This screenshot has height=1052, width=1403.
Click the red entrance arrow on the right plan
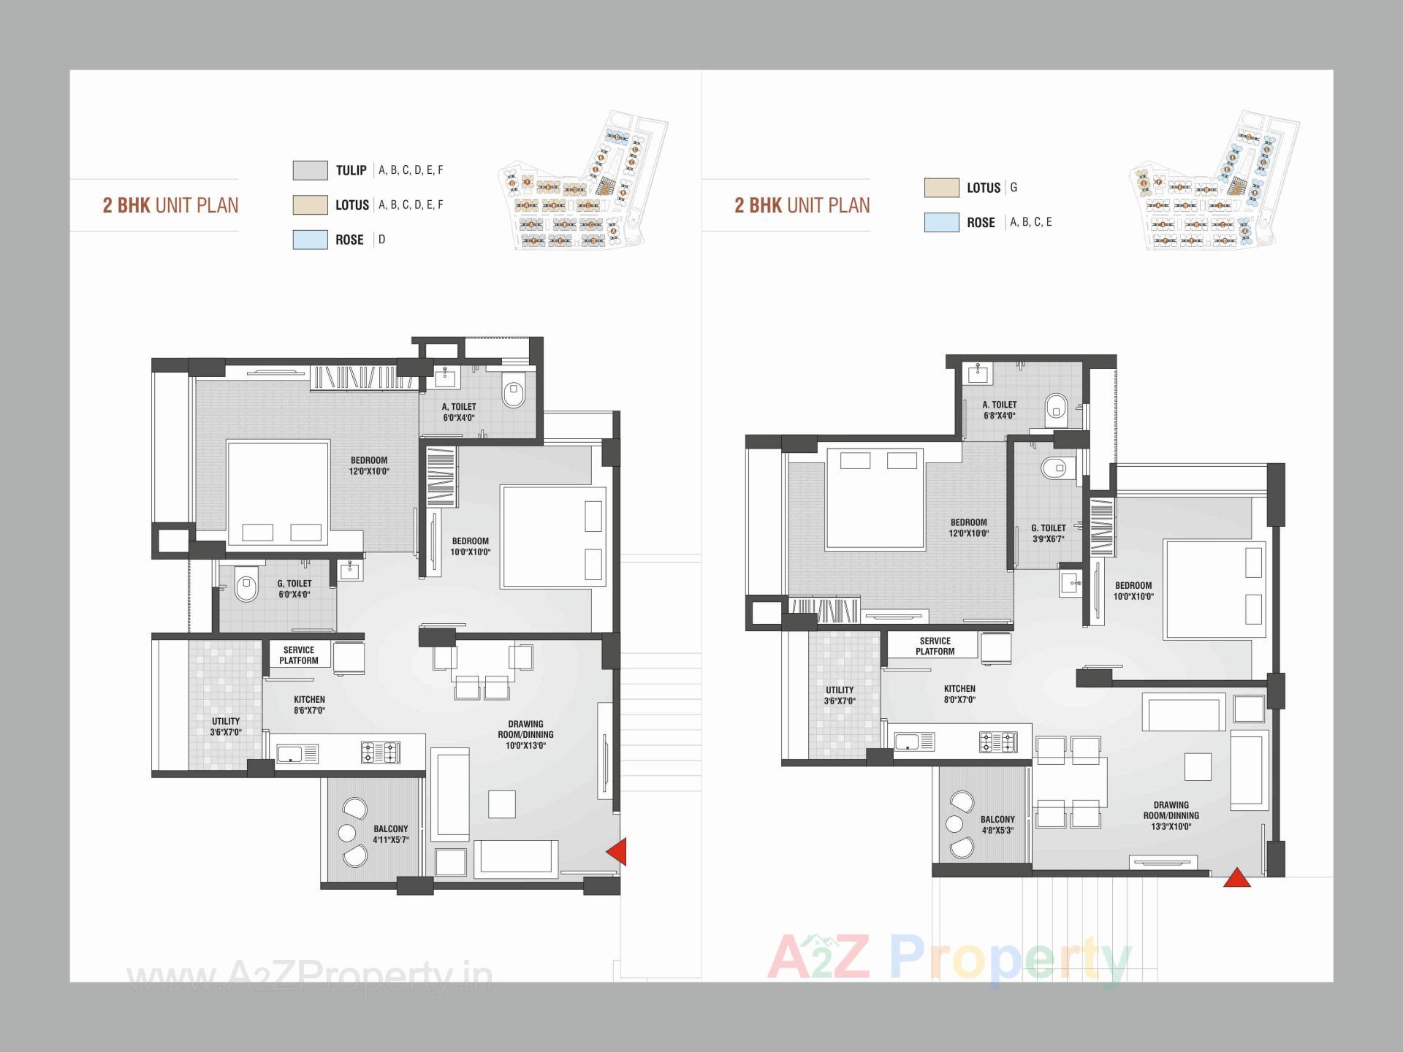(1236, 878)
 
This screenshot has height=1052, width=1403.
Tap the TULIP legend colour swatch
(310, 170)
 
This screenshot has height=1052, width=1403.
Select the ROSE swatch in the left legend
(310, 240)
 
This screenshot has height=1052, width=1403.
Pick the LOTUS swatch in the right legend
(941, 188)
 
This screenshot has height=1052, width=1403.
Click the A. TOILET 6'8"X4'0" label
(1000, 410)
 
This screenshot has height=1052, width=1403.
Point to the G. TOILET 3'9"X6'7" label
(1048, 533)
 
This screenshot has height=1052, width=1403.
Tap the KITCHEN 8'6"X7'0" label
(309, 705)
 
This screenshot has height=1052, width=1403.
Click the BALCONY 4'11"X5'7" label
(391, 834)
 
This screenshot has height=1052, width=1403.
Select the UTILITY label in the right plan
(840, 695)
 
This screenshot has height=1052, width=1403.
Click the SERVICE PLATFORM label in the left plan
(298, 655)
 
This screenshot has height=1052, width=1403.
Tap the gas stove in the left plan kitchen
(380, 752)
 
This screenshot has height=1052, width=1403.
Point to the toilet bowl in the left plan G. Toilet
(246, 588)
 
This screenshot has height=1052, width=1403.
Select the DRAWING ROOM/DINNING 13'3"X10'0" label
(1171, 816)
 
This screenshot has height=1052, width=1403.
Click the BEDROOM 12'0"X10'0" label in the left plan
(369, 466)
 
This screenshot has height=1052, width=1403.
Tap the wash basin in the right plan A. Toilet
(978, 374)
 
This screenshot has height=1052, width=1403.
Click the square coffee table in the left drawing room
(502, 804)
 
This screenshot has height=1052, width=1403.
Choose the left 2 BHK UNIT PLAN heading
(170, 205)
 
